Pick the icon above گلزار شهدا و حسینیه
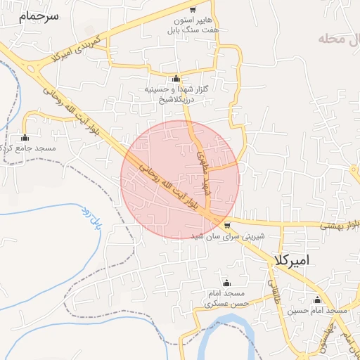(x=175, y=78)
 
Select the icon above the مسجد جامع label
(x=25, y=137)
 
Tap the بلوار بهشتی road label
(x=340, y=225)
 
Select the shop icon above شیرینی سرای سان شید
(x=226, y=225)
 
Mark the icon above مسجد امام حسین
(x=318, y=299)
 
